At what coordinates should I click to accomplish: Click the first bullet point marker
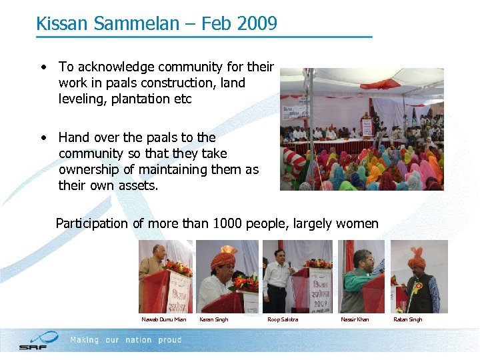pos(43,67)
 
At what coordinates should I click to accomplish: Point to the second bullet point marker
pos(43,138)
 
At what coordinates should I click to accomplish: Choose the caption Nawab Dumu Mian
pos(164,320)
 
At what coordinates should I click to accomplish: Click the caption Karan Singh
pos(213,320)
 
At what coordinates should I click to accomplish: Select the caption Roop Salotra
pos(283,320)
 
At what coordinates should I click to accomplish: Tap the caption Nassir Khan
pos(355,320)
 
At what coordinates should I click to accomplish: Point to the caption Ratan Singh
pos(407,320)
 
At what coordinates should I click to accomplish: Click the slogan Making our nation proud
pos(126,340)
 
